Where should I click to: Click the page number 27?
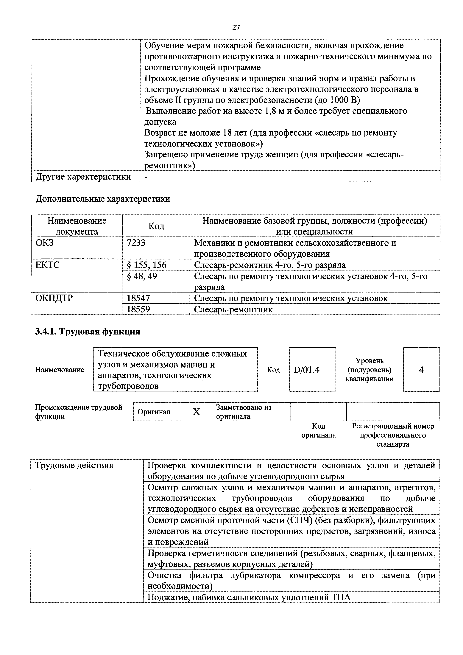click(x=236, y=27)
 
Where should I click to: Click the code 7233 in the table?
click(x=136, y=243)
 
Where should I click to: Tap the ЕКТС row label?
click(x=48, y=265)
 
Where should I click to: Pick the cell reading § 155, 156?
click(x=146, y=265)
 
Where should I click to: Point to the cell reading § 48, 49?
click(x=142, y=276)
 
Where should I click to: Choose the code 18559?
click(x=138, y=309)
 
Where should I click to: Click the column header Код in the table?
click(x=156, y=226)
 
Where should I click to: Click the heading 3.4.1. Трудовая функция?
click(x=88, y=332)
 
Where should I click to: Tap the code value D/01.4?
click(x=306, y=370)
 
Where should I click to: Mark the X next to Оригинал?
click(x=196, y=412)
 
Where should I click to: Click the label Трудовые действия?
click(x=74, y=465)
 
